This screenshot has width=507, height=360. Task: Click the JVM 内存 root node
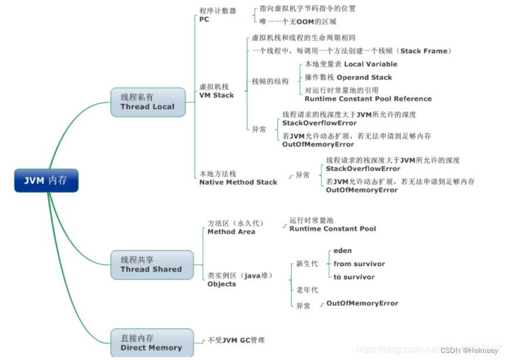point(46,181)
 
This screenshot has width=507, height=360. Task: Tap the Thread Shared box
point(151,264)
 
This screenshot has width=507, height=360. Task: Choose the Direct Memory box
point(151,343)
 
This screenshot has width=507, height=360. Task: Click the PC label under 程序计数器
point(204,19)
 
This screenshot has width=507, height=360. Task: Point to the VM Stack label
point(217,95)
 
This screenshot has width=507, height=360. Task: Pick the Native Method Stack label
point(238,182)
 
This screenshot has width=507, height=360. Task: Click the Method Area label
point(231,232)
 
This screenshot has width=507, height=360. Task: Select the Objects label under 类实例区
point(222,284)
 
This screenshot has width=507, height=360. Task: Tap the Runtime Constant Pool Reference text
point(368,99)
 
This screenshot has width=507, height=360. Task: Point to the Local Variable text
point(370,64)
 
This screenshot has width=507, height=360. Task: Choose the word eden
point(343,251)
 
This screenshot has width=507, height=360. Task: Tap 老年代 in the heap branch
point(307,290)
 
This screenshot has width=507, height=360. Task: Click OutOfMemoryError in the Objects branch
point(362,304)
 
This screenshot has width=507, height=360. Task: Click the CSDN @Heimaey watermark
point(469,350)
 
